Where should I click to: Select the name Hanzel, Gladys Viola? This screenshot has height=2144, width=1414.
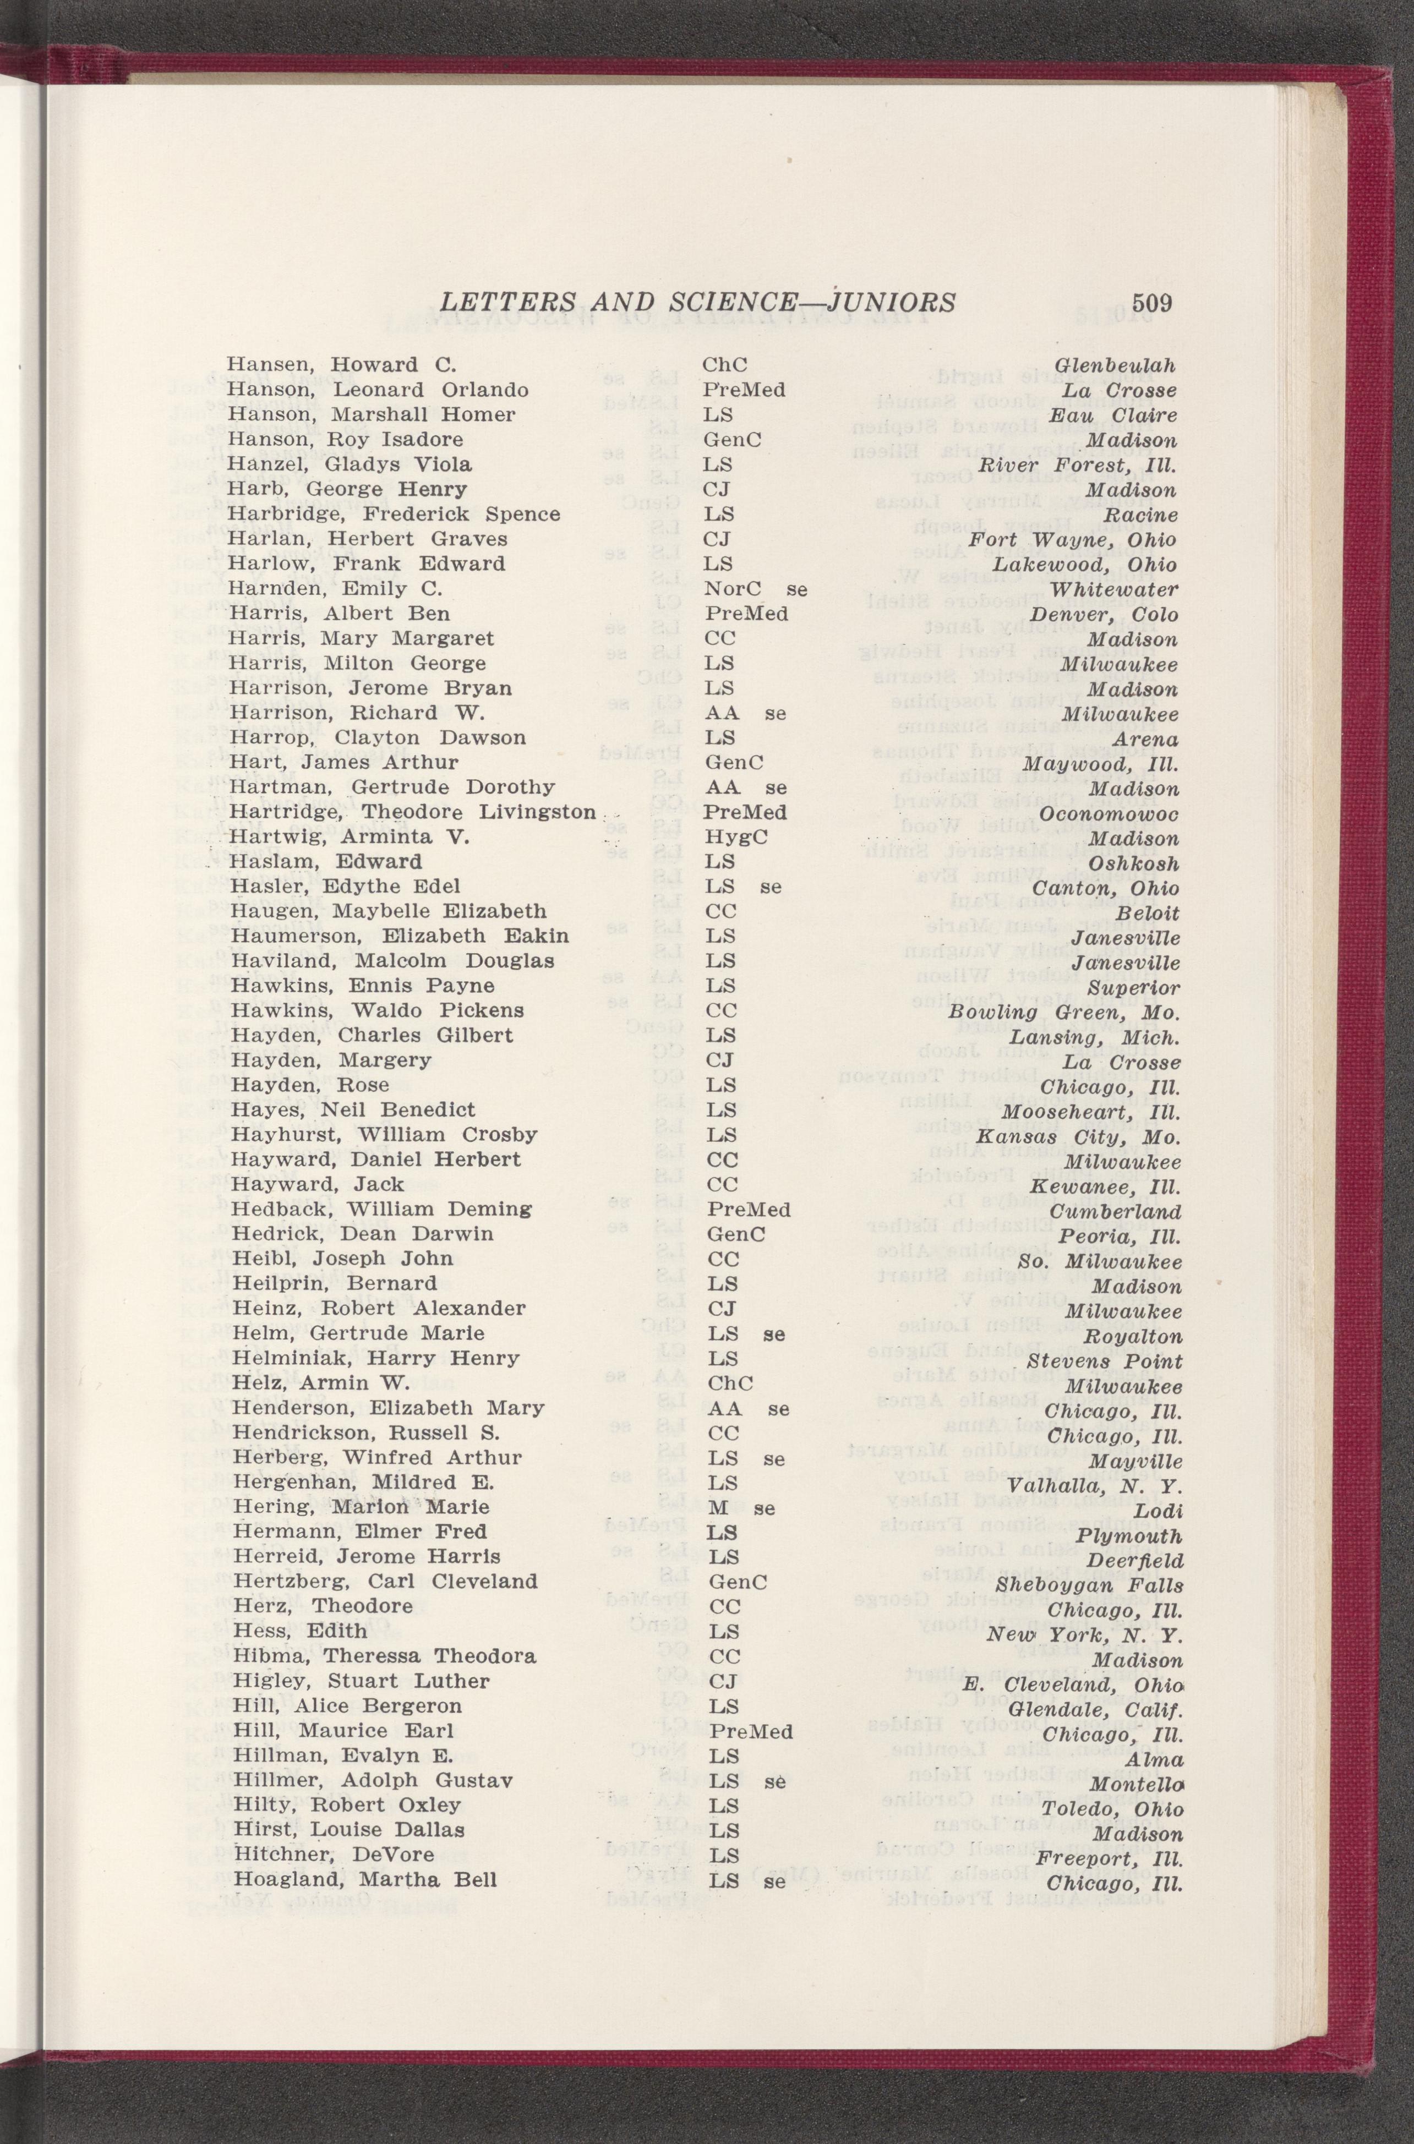[x=349, y=465]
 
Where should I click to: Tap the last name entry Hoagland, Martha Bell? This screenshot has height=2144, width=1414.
[x=365, y=1881]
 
